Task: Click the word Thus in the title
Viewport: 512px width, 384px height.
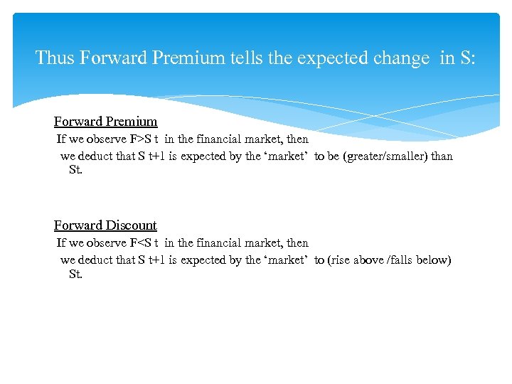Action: [x=55, y=58]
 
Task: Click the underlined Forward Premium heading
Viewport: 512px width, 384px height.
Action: [x=105, y=122]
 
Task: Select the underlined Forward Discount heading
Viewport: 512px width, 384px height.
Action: [x=105, y=225]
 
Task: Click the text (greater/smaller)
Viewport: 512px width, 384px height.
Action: [x=385, y=156]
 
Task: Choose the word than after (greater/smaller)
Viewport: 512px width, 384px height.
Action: [x=442, y=156]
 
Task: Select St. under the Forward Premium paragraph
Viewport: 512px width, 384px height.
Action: [x=75, y=171]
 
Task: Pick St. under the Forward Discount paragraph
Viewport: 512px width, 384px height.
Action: [x=75, y=274]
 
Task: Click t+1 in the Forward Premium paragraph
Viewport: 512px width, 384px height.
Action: [x=157, y=156]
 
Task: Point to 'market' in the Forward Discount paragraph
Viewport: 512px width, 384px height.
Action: [x=285, y=260]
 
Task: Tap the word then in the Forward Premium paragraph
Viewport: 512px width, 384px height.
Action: [x=297, y=139]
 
